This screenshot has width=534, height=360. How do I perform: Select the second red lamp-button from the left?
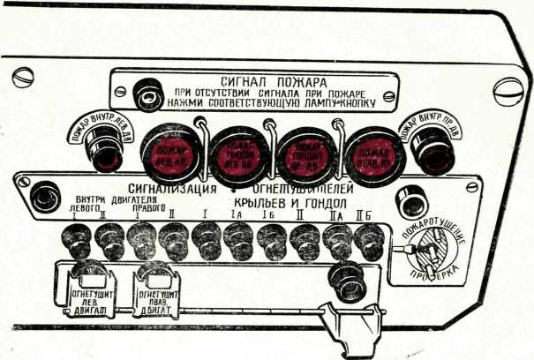(234, 151)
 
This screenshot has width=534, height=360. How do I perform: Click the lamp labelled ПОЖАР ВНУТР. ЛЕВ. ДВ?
(105, 152)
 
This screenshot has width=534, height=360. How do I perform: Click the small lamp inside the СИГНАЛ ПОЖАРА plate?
(145, 92)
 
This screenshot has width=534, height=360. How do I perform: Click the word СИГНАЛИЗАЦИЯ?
(173, 187)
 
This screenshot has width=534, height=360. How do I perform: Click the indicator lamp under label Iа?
(238, 239)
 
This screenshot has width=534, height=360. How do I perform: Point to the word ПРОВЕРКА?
(440, 280)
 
